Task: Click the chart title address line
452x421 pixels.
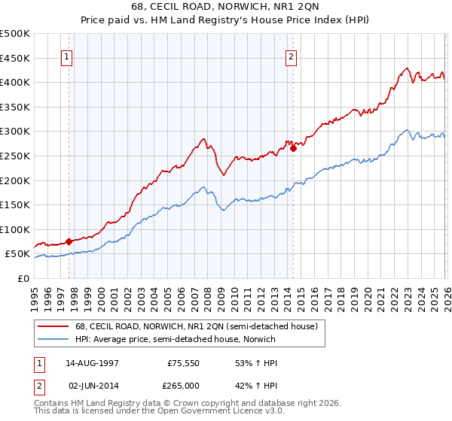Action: pos(226,8)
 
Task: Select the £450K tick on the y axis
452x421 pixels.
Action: pos(15,58)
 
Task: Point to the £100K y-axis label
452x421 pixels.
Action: pos(15,229)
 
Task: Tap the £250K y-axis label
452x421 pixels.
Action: pos(15,156)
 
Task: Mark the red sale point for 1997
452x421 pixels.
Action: pos(69,241)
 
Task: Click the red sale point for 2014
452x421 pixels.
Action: pos(292,148)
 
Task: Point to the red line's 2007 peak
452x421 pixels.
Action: pos(203,138)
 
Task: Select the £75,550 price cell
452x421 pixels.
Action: pos(182,362)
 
